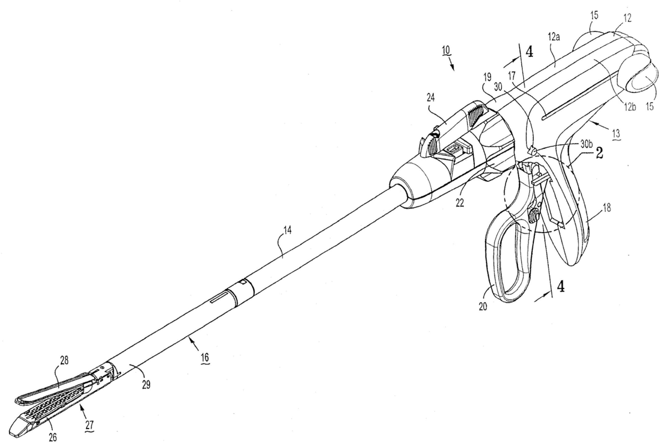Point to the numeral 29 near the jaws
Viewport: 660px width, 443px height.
click(x=145, y=385)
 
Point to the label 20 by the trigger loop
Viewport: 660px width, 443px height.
click(x=483, y=307)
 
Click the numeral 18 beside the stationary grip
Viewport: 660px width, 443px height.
click(x=606, y=208)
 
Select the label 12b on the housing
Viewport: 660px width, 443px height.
click(x=630, y=109)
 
